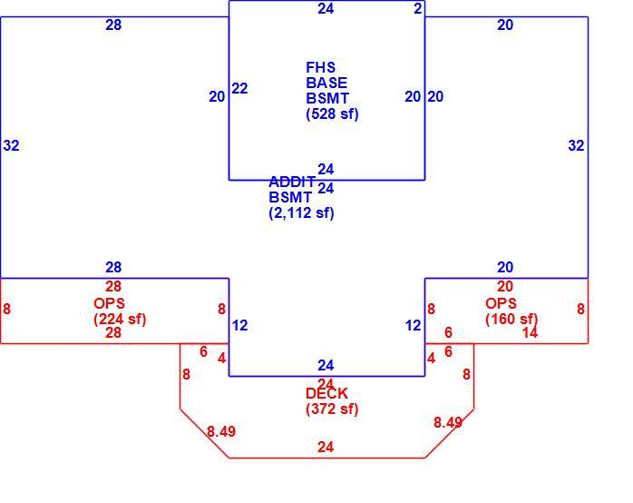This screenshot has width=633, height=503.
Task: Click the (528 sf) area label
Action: coord(332,113)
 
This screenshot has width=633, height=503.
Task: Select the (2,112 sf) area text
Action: coord(301,212)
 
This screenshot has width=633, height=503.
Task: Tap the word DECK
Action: coord(327,393)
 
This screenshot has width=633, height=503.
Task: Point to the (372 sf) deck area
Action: coord(332,409)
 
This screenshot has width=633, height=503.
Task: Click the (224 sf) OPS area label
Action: coord(120,320)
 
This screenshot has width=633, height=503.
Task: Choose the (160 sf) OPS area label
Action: coord(511,319)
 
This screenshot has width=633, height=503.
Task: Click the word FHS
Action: coord(320,67)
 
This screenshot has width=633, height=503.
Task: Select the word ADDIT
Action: coord(292,182)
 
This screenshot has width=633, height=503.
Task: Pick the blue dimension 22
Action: coord(239,88)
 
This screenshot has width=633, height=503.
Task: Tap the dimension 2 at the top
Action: coord(418,8)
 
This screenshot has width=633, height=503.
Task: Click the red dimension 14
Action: coord(530,332)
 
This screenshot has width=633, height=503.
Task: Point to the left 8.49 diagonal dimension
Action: coord(221,431)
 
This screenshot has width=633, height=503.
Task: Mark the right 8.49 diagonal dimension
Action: coord(448,422)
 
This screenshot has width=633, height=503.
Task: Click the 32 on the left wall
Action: coord(11,145)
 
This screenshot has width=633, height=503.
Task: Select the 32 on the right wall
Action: coord(576,145)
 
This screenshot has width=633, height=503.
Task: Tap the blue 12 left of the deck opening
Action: coord(239,325)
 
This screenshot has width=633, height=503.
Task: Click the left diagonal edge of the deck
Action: coord(205,433)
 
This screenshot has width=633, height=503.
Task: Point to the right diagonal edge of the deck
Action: coord(449,433)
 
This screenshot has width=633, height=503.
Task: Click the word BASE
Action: coord(326,83)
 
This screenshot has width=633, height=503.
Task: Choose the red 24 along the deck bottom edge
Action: coord(326,448)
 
